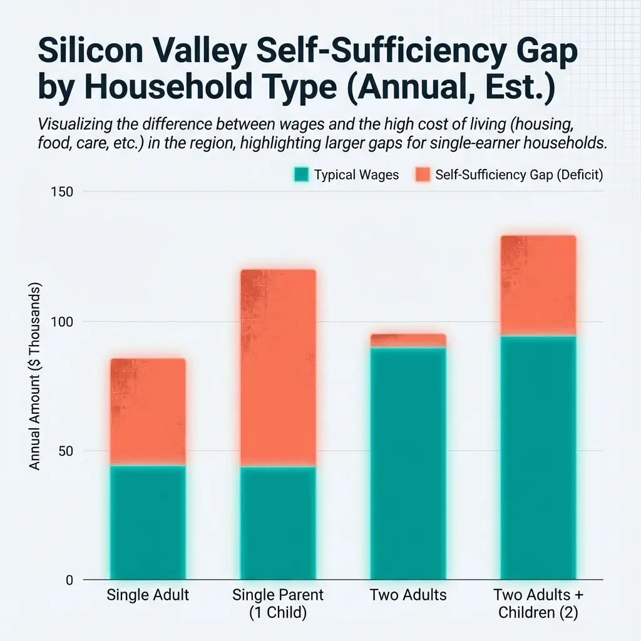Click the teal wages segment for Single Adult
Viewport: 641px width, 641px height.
[148, 523]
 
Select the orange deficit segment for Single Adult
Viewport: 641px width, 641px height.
[148, 412]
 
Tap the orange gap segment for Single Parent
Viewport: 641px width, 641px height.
[278, 368]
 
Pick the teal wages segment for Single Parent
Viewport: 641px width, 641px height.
[278, 523]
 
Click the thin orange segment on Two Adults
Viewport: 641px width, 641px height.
[408, 341]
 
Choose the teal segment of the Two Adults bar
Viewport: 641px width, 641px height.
[408, 463]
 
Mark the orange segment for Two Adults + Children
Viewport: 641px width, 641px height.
[538, 286]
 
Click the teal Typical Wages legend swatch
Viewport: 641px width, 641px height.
[301, 175]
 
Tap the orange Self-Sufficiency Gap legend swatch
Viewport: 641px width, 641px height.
[423, 175]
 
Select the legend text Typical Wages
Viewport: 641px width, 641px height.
[356, 175]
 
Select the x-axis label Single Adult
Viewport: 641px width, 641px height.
[148, 595]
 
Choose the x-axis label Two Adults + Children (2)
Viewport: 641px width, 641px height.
[538, 603]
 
